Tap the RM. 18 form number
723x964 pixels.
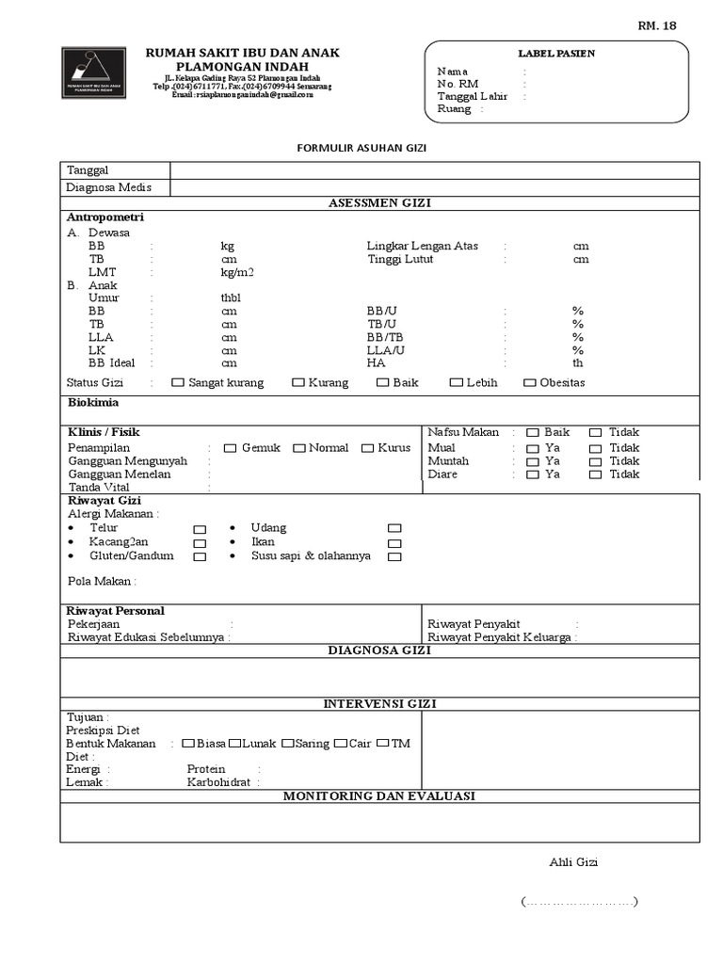tap(656, 25)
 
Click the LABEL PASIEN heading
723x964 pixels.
tap(556, 54)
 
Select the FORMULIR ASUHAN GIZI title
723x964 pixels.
tap(361, 148)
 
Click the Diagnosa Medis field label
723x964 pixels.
tap(109, 187)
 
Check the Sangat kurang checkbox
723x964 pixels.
tap(178, 383)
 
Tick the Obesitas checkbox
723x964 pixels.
tap(530, 383)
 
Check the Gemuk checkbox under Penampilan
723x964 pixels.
tap(231, 448)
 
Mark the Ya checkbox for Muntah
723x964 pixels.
tap(533, 461)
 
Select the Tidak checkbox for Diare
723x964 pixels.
tap(595, 474)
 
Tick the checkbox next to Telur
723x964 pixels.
tap(200, 530)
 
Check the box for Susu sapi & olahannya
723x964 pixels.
tap(394, 556)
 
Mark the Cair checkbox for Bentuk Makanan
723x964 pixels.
tap(340, 744)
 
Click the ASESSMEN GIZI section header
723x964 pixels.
tap(379, 203)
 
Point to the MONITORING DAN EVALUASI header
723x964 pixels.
tap(379, 796)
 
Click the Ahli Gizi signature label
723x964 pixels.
tap(573, 862)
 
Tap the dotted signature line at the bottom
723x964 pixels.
tap(579, 903)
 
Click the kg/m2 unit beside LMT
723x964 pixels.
tap(237, 272)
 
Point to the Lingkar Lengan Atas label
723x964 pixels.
tap(422, 246)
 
